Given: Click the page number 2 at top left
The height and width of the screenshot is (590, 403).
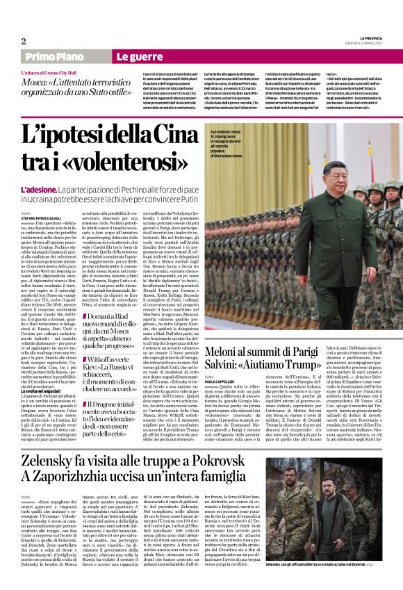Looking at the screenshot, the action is pos(23,41).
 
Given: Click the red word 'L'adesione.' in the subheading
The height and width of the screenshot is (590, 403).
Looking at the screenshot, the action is pos(38,190).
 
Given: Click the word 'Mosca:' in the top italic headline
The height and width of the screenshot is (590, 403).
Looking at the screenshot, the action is pos(36,81).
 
